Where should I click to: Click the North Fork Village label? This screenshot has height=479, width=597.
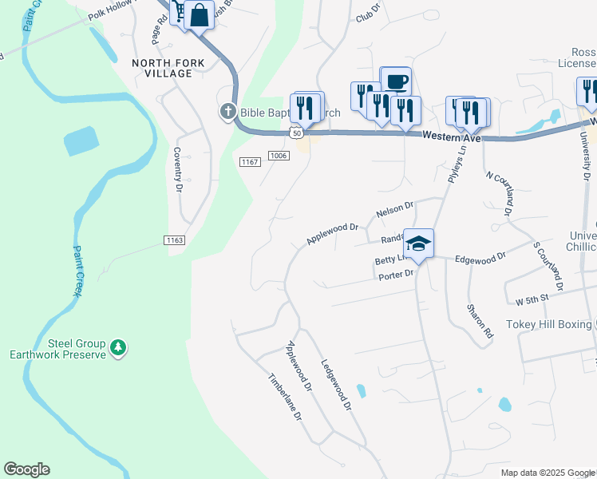[162, 68]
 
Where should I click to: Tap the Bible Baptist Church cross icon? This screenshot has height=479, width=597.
[227, 113]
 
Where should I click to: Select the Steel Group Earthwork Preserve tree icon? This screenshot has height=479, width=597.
[118, 347]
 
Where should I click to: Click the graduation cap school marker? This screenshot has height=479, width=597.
[418, 243]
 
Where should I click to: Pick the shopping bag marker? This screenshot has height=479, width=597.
[199, 14]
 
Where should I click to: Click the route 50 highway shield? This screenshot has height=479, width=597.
[295, 134]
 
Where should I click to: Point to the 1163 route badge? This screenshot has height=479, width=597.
[175, 240]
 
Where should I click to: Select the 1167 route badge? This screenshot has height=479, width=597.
[250, 162]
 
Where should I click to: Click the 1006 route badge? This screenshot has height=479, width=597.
[278, 156]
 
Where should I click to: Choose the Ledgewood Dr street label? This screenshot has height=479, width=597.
[336, 384]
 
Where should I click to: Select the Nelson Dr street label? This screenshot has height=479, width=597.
[394, 211]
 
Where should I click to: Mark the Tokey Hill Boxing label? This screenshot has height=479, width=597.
[550, 325]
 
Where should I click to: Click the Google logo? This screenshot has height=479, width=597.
[26, 469]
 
